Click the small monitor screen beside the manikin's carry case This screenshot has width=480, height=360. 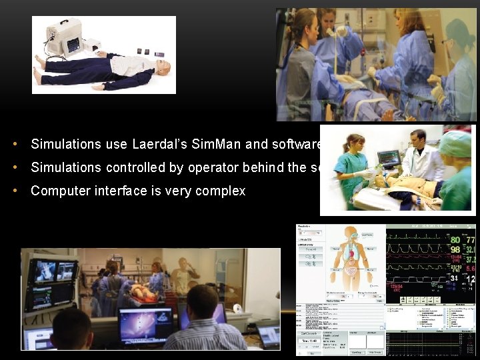pos(73,45)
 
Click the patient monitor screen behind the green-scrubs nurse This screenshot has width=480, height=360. pos(388,159)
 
